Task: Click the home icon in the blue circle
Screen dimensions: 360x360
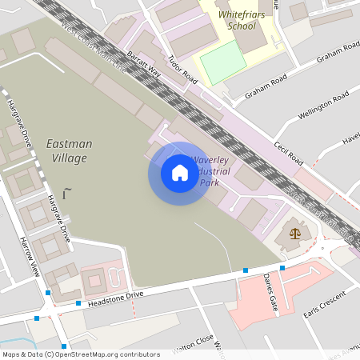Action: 179,173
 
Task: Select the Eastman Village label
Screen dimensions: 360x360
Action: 69,150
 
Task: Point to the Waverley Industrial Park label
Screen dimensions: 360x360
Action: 210,171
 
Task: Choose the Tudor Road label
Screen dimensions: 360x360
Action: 183,70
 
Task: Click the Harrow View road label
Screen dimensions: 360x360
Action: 30,256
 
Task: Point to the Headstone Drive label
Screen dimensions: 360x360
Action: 115,295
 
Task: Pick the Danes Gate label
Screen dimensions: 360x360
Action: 270,292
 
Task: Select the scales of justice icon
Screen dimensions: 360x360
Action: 296,234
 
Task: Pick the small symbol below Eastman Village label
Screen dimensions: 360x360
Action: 66,192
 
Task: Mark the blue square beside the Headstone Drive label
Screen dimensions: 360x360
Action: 78,303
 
